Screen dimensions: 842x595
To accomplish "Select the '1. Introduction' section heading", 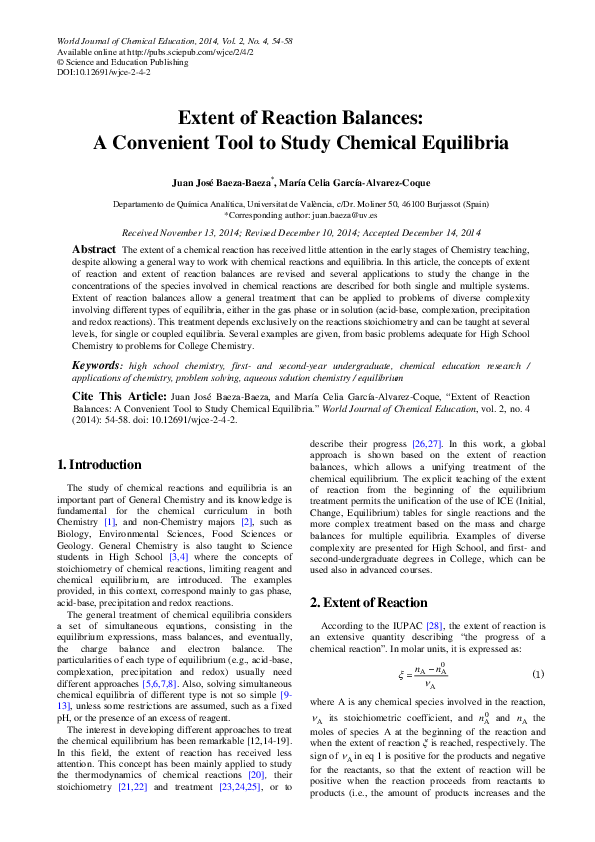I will tap(99, 465).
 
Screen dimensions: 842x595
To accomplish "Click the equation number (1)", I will tap(537, 675).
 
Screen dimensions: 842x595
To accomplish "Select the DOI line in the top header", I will tap(104, 73).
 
